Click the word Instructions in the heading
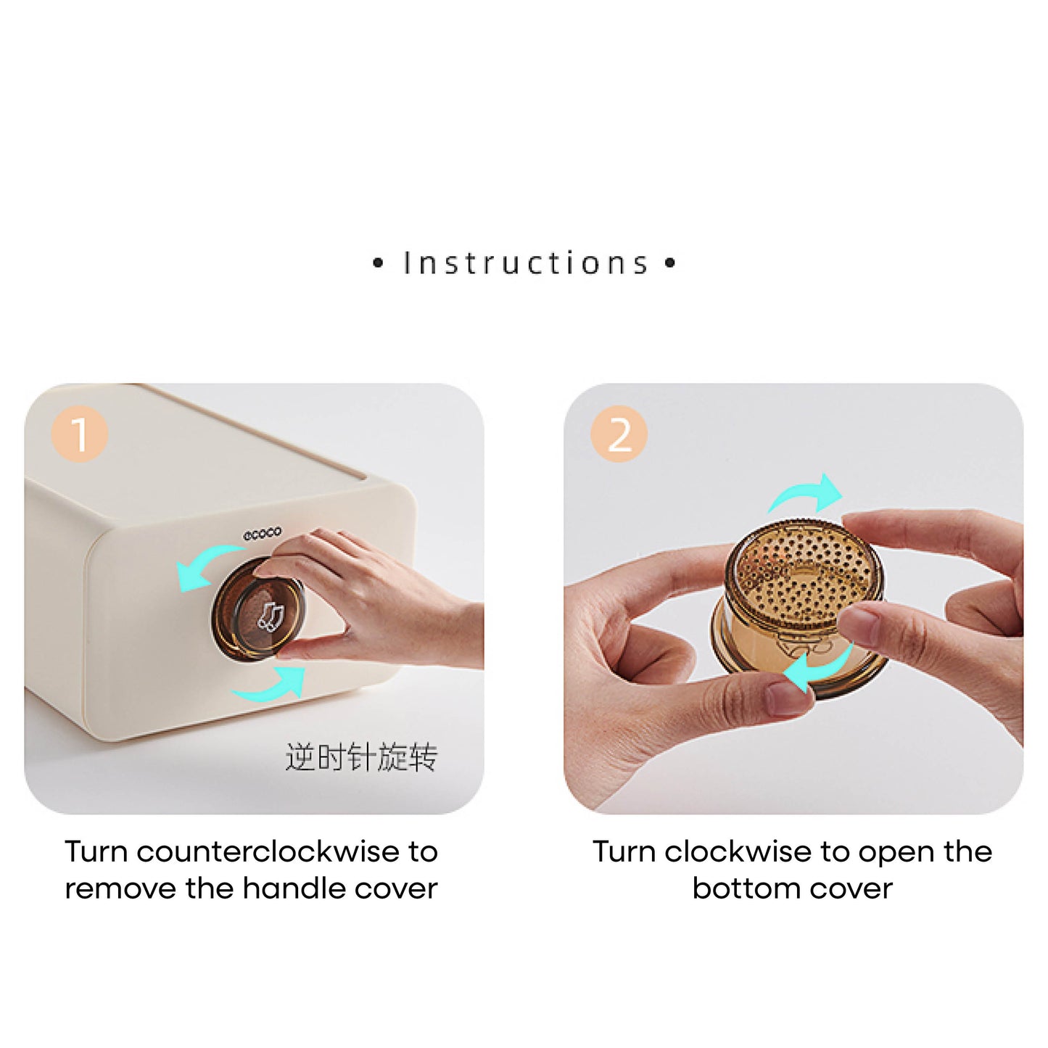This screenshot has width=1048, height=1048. (x=525, y=263)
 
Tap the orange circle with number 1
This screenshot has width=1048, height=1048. (x=79, y=434)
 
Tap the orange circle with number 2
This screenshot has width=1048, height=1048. (x=619, y=434)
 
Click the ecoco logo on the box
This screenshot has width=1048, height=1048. (x=262, y=533)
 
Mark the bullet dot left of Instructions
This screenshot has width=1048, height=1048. (x=378, y=264)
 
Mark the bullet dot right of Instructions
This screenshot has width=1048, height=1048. (x=670, y=264)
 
